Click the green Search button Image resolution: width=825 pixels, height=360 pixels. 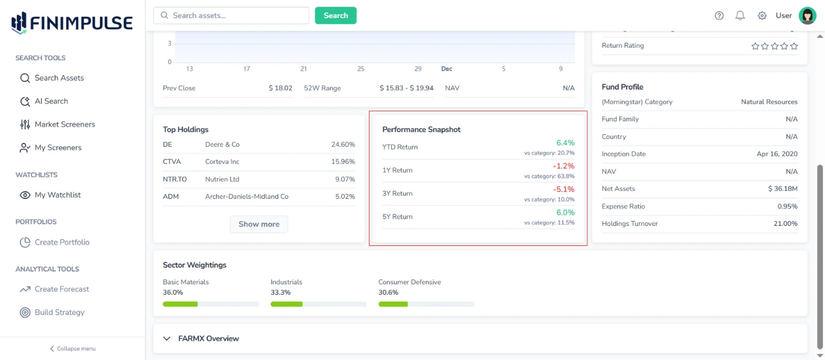tap(335, 16)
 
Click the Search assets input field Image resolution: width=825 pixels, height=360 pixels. tap(231, 16)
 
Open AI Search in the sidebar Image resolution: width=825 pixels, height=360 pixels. tap(51, 101)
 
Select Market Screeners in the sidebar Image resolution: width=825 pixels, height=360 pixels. tap(65, 124)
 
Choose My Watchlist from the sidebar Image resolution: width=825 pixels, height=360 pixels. tap(57, 195)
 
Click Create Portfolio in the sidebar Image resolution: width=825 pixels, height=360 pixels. tap(62, 242)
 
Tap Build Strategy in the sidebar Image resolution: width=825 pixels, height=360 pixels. tap(59, 312)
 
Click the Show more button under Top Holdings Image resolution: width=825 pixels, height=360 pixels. tap(258, 224)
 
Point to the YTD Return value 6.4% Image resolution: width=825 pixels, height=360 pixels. tap(565, 143)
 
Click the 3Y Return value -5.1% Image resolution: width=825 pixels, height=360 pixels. tap(563, 190)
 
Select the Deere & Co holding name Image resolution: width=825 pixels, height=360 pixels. tap(222, 145)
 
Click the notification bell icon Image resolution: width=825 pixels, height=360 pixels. tap(740, 16)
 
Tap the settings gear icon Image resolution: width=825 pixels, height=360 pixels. tap(762, 16)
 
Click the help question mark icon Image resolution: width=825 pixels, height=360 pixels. tap(719, 16)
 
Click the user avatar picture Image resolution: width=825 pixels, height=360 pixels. tap(807, 16)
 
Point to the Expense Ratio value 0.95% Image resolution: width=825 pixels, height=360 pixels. tap(787, 207)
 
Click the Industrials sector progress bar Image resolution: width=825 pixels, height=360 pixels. tap(318, 304)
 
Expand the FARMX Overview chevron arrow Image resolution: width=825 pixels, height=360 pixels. tap(167, 339)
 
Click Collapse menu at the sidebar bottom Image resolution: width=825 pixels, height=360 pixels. tap(72, 349)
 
